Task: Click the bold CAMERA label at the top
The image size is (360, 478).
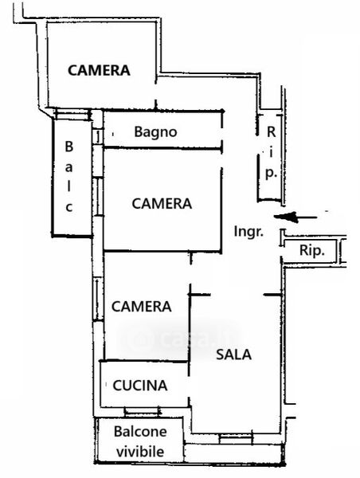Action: (x=99, y=70)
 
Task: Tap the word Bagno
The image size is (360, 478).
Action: (x=155, y=132)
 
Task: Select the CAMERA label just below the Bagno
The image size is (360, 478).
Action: (x=162, y=204)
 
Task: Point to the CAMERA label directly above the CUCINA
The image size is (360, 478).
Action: (x=142, y=307)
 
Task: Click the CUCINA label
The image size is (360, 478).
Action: (x=140, y=386)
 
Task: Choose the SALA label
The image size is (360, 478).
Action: (x=234, y=355)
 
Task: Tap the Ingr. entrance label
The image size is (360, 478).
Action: (x=248, y=232)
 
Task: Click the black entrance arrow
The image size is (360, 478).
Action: (x=295, y=217)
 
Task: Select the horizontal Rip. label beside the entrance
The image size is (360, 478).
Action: (x=312, y=251)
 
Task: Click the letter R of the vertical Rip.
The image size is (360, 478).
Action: (x=271, y=132)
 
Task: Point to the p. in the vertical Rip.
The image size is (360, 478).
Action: (x=271, y=174)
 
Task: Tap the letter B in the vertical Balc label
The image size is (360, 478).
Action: (x=69, y=147)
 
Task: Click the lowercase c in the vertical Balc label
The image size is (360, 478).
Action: (x=69, y=208)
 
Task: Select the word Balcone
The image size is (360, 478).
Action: (x=140, y=432)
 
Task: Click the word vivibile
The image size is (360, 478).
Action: (x=140, y=452)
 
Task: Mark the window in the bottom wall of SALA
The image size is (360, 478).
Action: (x=236, y=439)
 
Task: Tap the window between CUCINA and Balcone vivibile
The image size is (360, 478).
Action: (x=143, y=412)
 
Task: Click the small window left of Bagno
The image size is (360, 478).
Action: (x=97, y=137)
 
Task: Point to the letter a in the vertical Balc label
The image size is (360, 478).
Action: (x=69, y=167)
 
